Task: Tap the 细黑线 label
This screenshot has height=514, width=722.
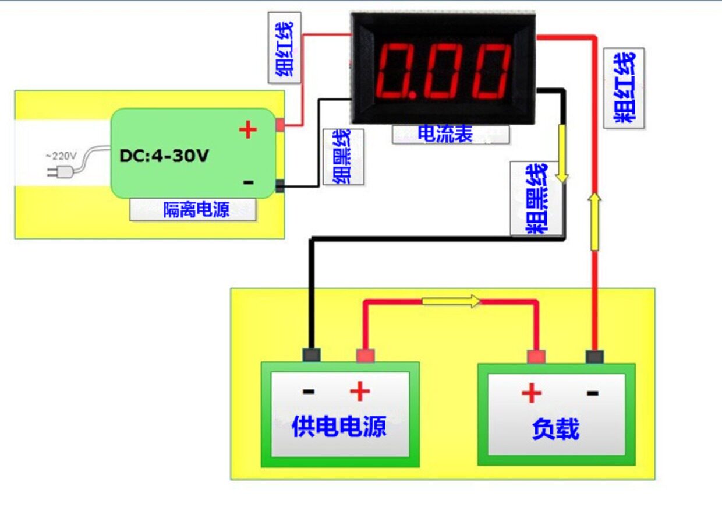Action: (343, 156)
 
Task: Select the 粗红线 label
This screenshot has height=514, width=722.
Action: (624, 87)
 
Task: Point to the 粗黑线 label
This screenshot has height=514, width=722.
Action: (536, 199)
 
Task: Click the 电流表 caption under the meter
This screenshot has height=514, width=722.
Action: (445, 135)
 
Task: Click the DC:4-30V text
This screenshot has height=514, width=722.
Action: (164, 156)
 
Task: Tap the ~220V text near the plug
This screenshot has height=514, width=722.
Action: (61, 156)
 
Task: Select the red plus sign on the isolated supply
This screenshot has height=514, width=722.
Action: (248, 130)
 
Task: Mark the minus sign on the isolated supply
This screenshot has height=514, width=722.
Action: (249, 182)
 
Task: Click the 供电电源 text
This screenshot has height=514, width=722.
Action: (338, 427)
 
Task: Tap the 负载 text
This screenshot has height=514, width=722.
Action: (555, 429)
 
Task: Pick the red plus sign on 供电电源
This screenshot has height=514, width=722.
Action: (360, 391)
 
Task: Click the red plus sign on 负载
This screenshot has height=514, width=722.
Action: (531, 394)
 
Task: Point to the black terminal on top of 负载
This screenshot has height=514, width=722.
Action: (594, 356)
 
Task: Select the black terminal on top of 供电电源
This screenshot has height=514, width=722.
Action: (312, 355)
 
